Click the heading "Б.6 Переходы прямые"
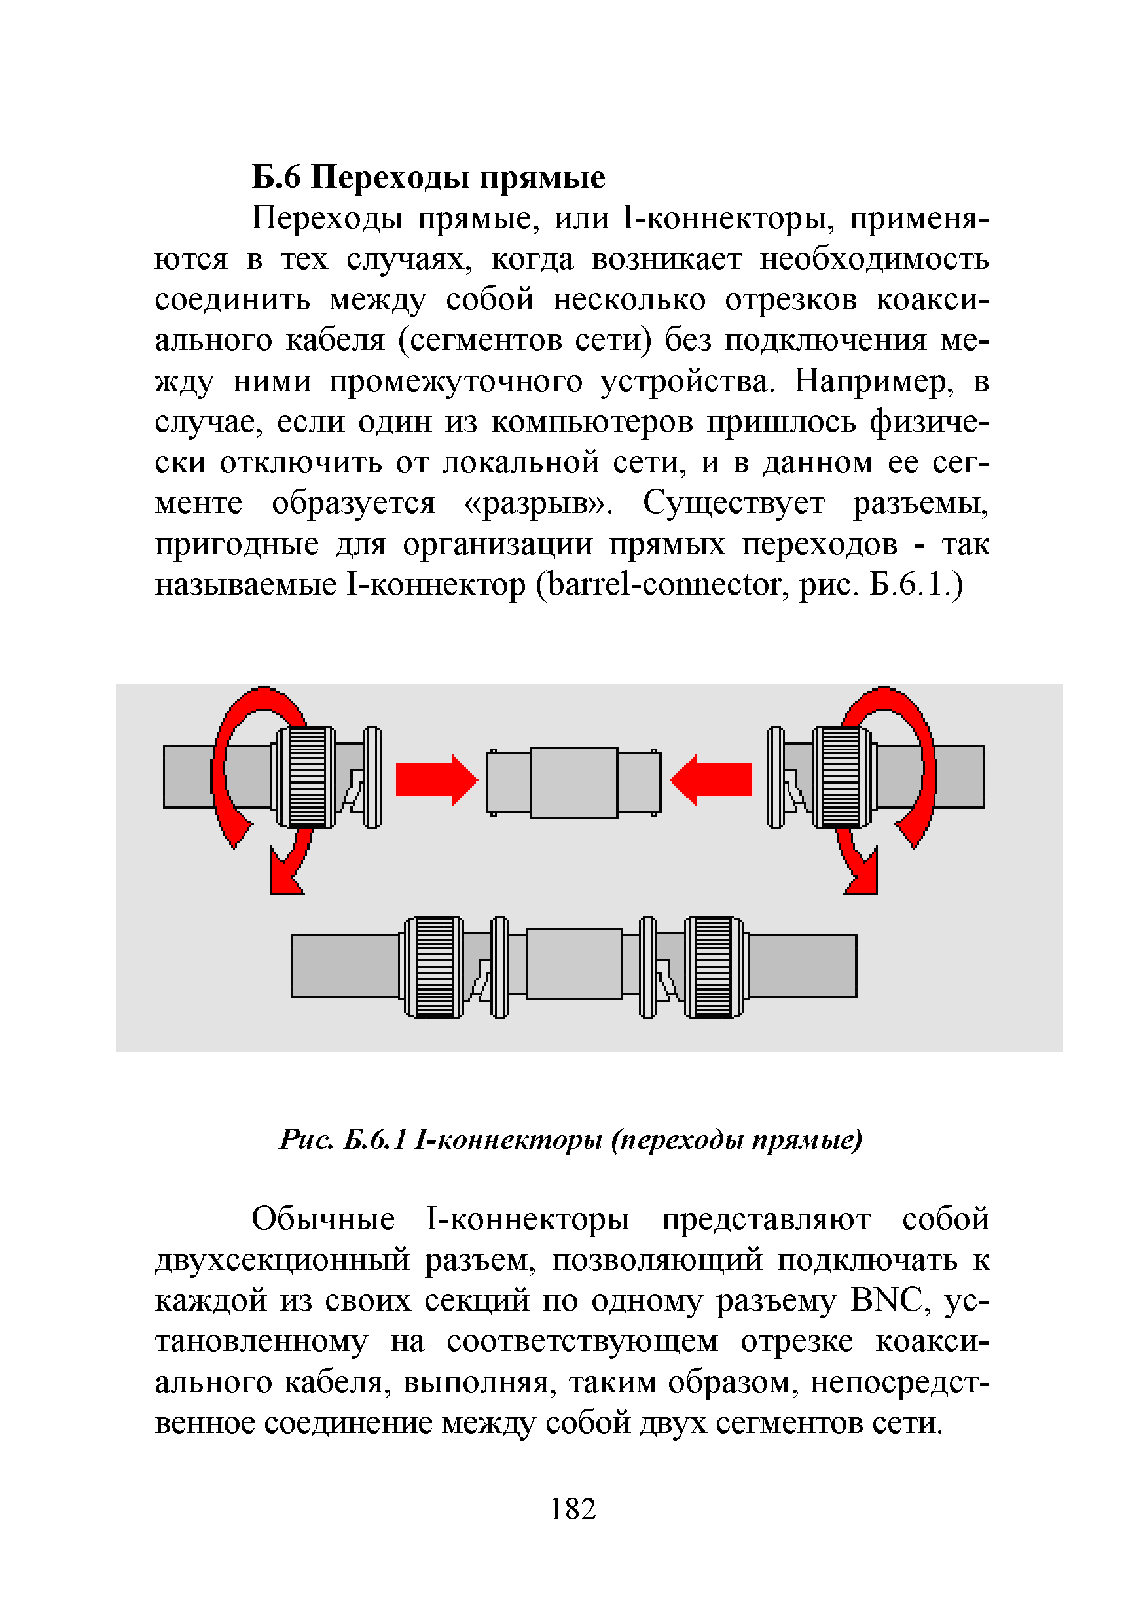coord(428,177)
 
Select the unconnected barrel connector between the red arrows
coord(573,782)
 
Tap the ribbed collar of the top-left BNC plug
coord(308,777)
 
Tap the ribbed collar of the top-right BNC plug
coord(841,777)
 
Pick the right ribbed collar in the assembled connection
coord(713,967)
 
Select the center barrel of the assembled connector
coord(573,964)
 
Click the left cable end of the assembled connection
coord(344,966)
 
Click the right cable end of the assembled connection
coord(803,966)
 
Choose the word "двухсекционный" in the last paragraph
coord(282,1258)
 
